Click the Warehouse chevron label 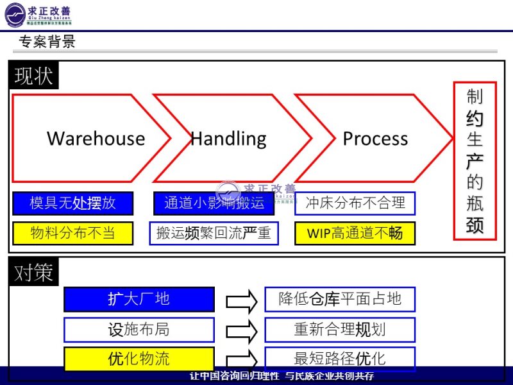coord(96,139)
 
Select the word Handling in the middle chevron coord(228,139)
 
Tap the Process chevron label coord(375,139)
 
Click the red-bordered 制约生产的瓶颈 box coord(475,160)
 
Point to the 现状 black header coord(33,76)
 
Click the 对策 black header coord(33,273)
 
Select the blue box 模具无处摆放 coord(72,203)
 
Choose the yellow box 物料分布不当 coord(72,233)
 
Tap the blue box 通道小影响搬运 coord(214,203)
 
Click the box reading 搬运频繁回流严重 coord(214,233)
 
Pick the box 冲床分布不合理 coord(355,203)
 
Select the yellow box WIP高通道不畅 coord(355,233)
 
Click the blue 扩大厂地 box coord(139,299)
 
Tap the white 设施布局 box coord(139,329)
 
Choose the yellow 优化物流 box coord(139,359)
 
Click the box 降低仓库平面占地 coord(339,299)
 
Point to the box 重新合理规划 coord(339,329)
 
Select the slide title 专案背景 coord(47,42)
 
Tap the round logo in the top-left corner coord(15,14)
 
